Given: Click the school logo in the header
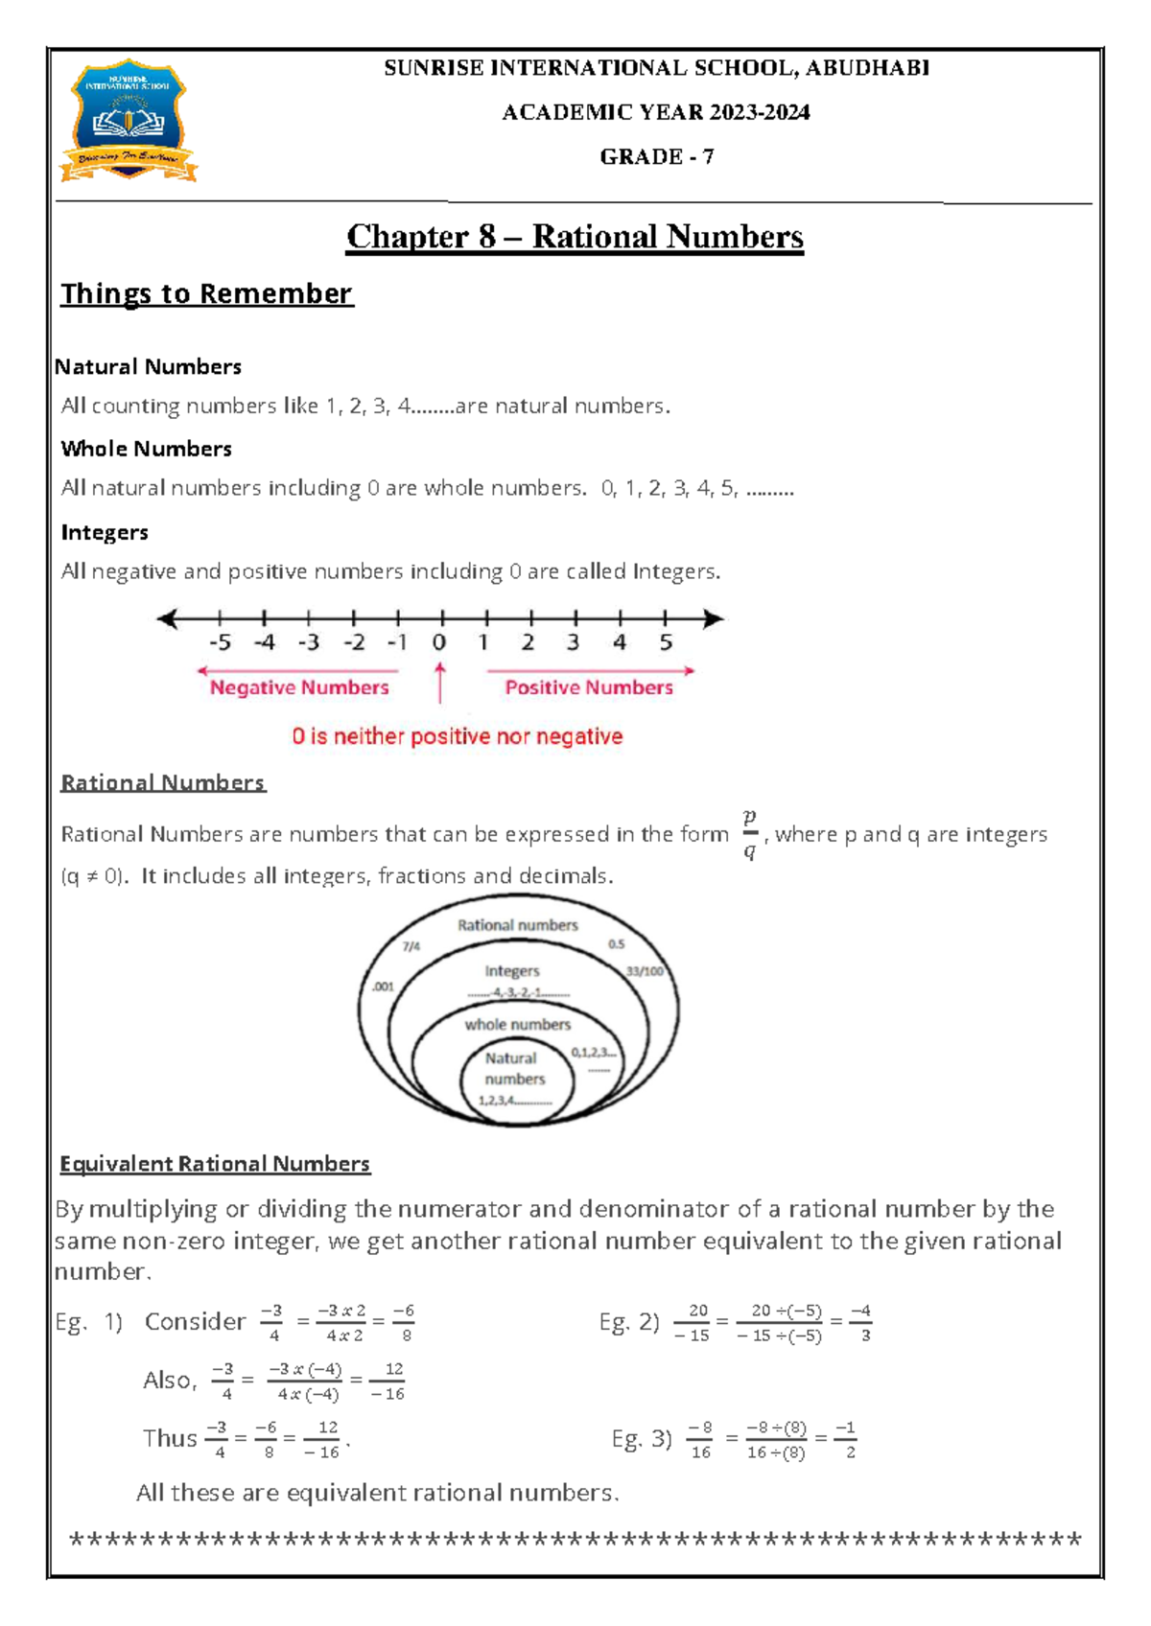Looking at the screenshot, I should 129,122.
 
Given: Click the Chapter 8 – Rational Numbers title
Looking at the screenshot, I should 575,237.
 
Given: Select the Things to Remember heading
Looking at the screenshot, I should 207,293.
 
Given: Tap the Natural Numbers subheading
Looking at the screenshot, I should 148,367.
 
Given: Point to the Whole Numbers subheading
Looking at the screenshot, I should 146,449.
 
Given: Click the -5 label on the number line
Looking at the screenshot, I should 219,642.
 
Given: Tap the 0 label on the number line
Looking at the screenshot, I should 439,642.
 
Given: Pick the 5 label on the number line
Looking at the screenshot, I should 666,642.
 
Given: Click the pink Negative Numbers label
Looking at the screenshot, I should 299,687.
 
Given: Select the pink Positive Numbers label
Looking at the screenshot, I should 589,687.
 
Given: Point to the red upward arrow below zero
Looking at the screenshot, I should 440,684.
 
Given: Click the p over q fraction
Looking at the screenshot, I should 749,834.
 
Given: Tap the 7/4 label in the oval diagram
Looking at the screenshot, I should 411,946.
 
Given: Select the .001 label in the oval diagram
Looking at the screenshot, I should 383,987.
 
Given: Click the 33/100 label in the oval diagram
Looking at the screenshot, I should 645,971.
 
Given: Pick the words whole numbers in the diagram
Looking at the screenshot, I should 518,1025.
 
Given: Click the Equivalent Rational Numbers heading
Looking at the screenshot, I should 215,1164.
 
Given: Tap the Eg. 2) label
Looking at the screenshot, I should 629,1323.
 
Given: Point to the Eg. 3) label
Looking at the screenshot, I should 642,1439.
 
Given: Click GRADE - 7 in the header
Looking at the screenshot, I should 656,157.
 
